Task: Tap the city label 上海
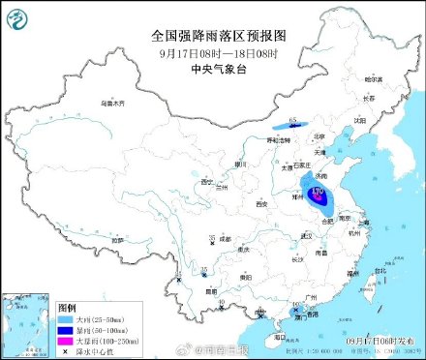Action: (x=364, y=225)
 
